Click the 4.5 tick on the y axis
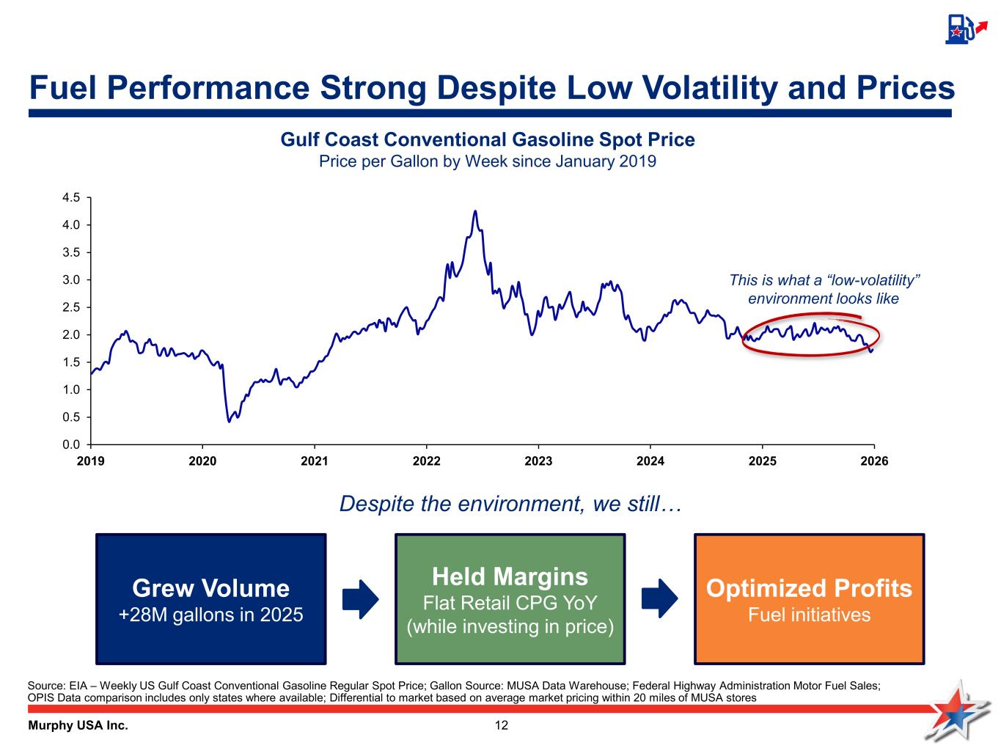[x=71, y=197]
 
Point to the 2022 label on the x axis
[x=426, y=461]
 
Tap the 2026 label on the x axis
[x=873, y=461]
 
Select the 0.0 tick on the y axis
[x=71, y=444]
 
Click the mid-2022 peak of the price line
[x=475, y=212]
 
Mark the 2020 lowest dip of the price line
[x=230, y=421]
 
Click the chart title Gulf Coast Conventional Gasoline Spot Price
[x=488, y=139]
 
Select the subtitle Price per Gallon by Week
[x=488, y=161]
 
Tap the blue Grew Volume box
[x=210, y=598]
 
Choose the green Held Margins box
[x=510, y=598]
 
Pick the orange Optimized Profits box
[x=809, y=598]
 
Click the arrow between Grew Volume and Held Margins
[x=360, y=598]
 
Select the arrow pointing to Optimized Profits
[x=659, y=598]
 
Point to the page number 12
[x=501, y=726]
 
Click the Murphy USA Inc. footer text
[x=78, y=726]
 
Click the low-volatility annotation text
[x=824, y=290]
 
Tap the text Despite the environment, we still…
[x=511, y=505]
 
